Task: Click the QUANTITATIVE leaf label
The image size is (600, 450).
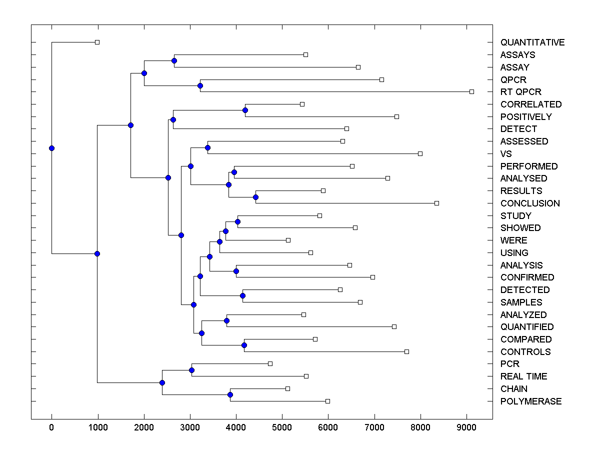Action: [532, 42]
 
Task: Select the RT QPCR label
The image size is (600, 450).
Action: [520, 92]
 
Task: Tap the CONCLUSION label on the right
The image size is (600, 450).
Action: [529, 203]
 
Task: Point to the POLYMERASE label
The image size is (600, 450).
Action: [530, 401]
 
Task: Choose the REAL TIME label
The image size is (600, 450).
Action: [523, 376]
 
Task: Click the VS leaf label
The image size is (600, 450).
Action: [506, 154]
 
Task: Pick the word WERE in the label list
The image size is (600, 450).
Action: [513, 240]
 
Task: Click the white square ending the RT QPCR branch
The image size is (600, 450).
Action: [471, 92]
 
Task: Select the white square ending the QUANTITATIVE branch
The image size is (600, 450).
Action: [97, 42]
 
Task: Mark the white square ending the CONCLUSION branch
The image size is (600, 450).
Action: [436, 203]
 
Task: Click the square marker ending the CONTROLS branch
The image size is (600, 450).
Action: [406, 351]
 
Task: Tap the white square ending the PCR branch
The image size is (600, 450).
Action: [270, 364]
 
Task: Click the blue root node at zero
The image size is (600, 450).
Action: [51, 148]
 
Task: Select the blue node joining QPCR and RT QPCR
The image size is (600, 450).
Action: [200, 85]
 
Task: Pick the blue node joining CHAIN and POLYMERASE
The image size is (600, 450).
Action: [230, 395]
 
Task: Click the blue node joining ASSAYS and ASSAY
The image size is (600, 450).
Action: [174, 61]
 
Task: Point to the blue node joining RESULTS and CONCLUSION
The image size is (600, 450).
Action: [255, 197]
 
